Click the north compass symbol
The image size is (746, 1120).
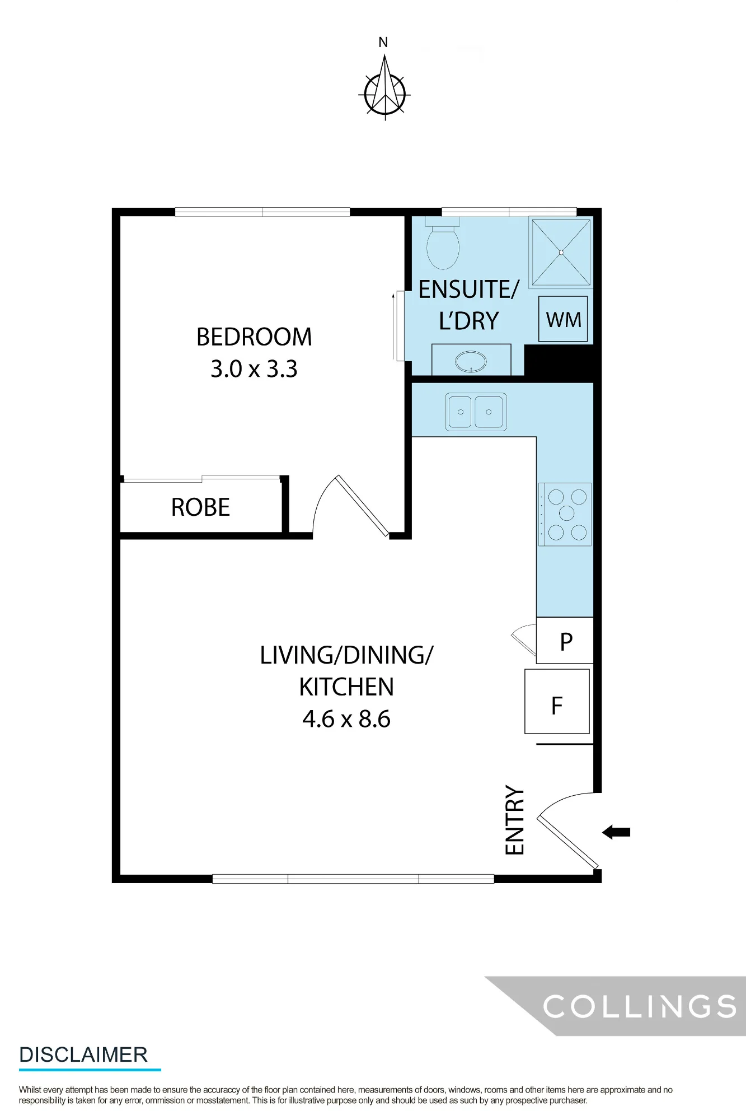(x=384, y=84)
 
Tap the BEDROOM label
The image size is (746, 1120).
(x=254, y=337)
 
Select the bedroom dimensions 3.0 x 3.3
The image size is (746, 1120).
(x=254, y=369)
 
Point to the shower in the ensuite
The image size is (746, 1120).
(x=561, y=253)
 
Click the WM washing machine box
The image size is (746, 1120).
(x=563, y=319)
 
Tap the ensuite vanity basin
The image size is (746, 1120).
(x=471, y=361)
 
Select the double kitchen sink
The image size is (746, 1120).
(x=476, y=412)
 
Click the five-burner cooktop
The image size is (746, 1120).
(x=565, y=514)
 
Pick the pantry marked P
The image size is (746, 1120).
(x=565, y=641)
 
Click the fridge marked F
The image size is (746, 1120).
(x=557, y=702)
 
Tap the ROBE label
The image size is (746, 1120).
(x=200, y=507)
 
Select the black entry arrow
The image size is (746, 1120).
(x=616, y=832)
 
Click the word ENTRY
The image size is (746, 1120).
(x=515, y=820)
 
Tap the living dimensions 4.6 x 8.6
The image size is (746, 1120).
(x=346, y=719)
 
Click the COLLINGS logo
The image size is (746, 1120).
(x=640, y=1007)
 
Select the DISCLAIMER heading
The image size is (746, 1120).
(x=83, y=1055)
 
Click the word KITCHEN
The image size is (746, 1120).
(x=346, y=687)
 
